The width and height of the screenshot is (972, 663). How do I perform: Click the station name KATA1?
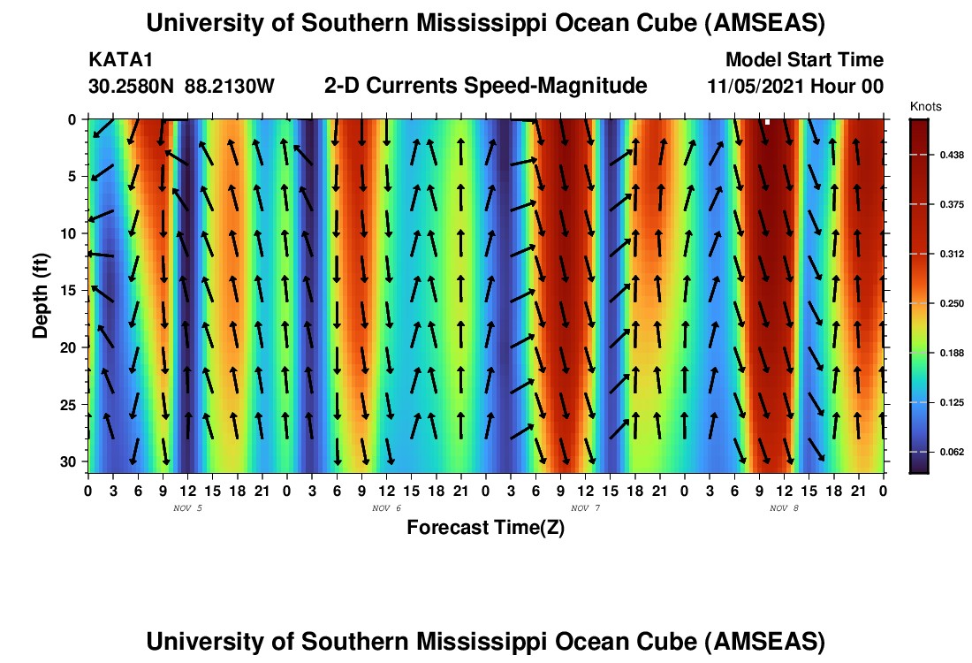(114, 60)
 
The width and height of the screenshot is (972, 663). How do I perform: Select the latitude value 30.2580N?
(132, 87)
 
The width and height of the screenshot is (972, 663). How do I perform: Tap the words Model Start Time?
(804, 60)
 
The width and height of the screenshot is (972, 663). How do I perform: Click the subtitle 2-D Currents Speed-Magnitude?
(486, 86)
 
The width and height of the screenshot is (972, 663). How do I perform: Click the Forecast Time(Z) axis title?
(485, 528)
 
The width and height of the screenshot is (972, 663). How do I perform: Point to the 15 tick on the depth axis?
(72, 290)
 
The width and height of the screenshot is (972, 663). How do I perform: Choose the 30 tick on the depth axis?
(72, 461)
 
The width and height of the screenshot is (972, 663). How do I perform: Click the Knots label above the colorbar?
(925, 106)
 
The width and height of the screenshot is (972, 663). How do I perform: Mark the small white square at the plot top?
(768, 122)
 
